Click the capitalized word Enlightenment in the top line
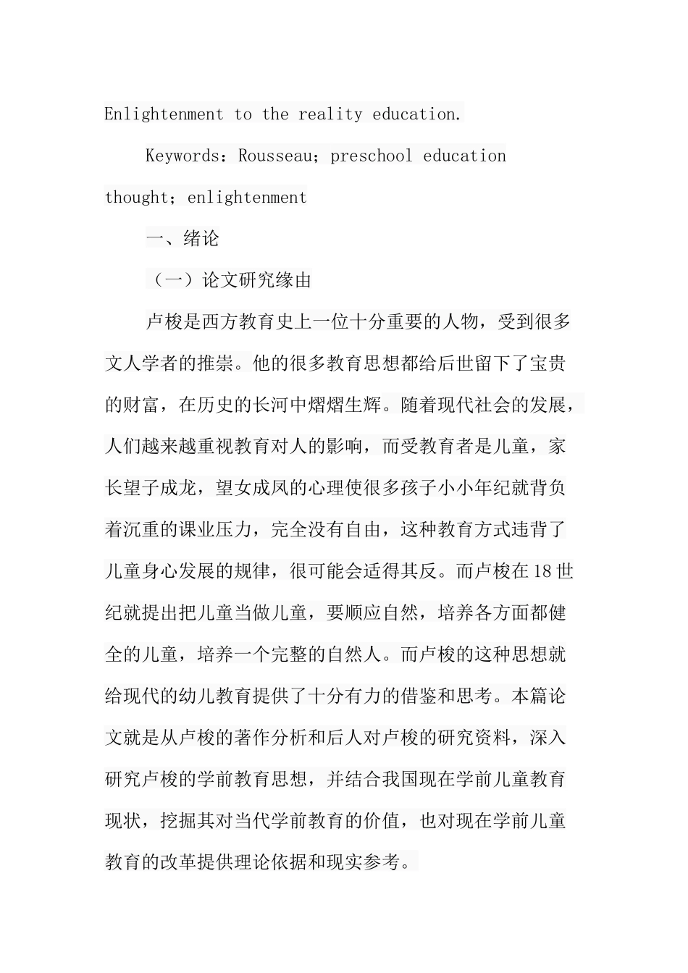click(164, 114)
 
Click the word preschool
click(372, 156)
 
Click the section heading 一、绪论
click(183, 239)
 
